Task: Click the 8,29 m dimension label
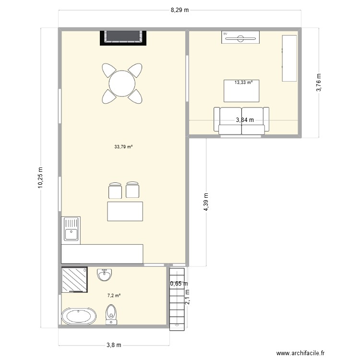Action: coord(180,10)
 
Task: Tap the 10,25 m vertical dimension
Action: coord(40,178)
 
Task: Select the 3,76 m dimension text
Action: coord(319,83)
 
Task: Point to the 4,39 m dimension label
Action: coord(206,202)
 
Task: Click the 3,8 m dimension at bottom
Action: coord(114,345)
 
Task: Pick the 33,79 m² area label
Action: coord(123,147)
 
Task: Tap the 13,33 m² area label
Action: coord(243,83)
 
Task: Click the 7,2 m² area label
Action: coord(114,296)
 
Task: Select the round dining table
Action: coord(122,84)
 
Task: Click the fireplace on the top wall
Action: coord(123,38)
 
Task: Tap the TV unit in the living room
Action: coord(240,37)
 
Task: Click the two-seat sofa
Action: coord(241,121)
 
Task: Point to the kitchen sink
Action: coord(71,230)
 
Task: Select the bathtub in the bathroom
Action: coord(79,316)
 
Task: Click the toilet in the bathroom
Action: coord(111,314)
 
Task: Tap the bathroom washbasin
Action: coord(105,275)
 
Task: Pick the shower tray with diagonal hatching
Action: coord(74,280)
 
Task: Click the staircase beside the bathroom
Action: coord(177,299)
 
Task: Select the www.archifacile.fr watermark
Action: coord(300,353)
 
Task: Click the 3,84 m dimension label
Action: coord(245,120)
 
